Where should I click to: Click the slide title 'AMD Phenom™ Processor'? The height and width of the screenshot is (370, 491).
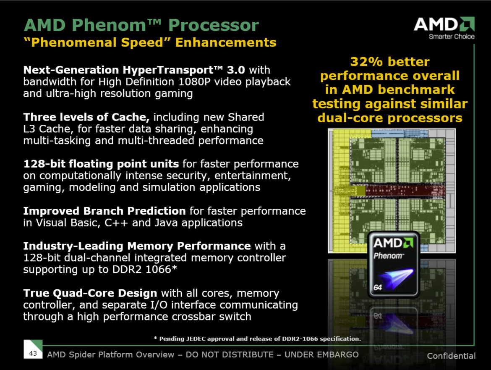(x=141, y=25)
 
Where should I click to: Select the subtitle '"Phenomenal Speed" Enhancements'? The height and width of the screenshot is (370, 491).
(x=150, y=42)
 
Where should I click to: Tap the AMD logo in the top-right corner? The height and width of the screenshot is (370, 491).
(x=444, y=24)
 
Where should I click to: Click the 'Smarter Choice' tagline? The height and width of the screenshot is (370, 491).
(x=451, y=37)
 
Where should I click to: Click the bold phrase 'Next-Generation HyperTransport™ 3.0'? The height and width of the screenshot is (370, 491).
(x=134, y=70)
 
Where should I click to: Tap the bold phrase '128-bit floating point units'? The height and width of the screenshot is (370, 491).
(x=101, y=163)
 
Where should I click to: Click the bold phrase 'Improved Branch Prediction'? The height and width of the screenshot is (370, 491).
(x=104, y=210)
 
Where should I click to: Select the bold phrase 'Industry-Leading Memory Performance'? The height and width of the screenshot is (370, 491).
(x=137, y=246)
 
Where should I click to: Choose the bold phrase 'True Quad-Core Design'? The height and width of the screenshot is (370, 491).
(x=90, y=293)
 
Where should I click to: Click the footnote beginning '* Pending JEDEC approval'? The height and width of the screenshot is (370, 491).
(x=257, y=339)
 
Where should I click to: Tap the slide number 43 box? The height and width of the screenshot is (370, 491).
(x=33, y=353)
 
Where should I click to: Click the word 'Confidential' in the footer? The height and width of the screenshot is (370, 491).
(x=451, y=356)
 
